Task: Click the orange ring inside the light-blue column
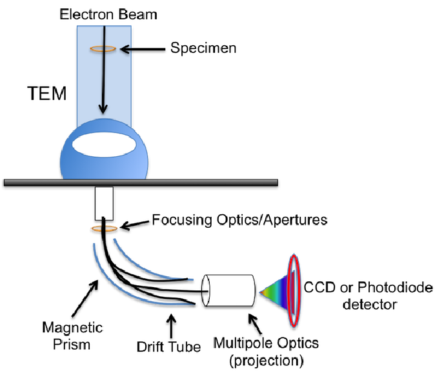tap(103, 49)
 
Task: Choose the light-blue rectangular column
tap(123, 84)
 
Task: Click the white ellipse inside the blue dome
tap(104, 145)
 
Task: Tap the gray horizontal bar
tap(194, 182)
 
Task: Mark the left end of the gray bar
tap(5, 182)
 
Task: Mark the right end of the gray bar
tap(277, 182)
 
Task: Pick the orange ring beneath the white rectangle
tap(104, 228)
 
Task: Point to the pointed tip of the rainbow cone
tap(259, 293)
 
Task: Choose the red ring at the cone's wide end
tap(294, 290)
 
